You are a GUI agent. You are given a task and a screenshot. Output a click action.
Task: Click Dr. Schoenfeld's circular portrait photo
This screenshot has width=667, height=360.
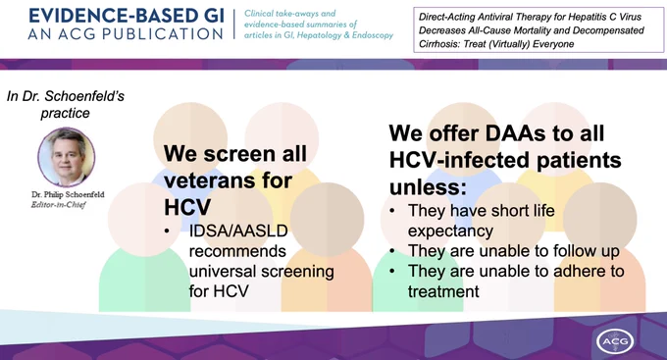click(67, 157)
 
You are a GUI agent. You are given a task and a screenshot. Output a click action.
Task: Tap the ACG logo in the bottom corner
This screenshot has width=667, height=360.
click(615, 340)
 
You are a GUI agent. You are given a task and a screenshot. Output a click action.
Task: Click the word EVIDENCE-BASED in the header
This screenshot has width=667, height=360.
click(102, 16)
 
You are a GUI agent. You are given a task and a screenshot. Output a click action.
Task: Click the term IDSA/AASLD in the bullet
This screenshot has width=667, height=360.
click(238, 231)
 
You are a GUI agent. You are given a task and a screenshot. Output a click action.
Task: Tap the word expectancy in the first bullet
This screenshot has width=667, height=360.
click(450, 231)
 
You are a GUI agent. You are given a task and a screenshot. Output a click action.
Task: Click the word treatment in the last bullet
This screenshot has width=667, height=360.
click(443, 291)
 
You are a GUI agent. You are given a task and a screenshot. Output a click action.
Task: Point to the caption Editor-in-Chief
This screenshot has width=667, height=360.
click(58, 205)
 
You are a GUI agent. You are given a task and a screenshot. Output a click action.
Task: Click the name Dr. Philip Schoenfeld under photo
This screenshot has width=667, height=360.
click(68, 194)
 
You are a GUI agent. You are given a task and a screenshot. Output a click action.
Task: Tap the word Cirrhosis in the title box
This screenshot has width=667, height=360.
click(437, 44)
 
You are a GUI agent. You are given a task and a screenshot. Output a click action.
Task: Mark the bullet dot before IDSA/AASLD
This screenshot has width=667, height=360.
click(167, 231)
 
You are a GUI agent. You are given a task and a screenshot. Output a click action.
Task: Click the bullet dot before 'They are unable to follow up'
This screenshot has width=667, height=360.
click(391, 251)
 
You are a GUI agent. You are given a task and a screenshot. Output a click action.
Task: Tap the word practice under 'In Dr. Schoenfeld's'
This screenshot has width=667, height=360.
click(65, 113)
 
